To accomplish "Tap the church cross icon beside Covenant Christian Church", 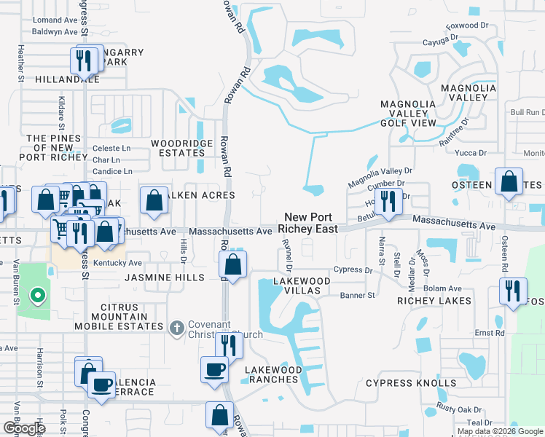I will tap(176, 328).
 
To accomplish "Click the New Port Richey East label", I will tap(311, 223).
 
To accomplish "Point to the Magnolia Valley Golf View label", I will tap(408, 113).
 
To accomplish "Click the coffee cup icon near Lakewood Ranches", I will tap(214, 369).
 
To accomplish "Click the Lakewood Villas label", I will tap(297, 286).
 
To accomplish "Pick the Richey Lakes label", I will tap(434, 300).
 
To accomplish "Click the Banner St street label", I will tap(357, 296).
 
